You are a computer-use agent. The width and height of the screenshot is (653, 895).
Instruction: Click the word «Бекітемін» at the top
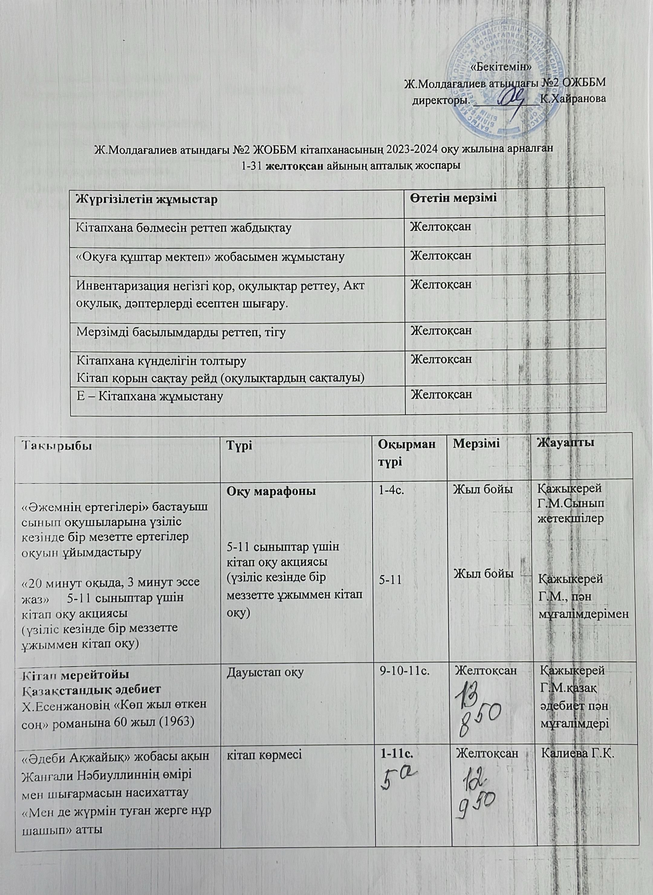click(501, 66)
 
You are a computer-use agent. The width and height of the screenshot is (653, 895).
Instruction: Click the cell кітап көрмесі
click(265, 755)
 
